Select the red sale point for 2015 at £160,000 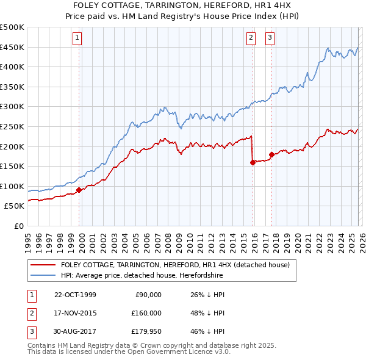click(252, 162)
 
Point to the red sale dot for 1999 click(79, 190)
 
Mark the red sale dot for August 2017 click(271, 154)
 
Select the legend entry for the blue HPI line click(142, 275)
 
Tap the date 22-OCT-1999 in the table click(75, 295)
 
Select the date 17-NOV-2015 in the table click(75, 313)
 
